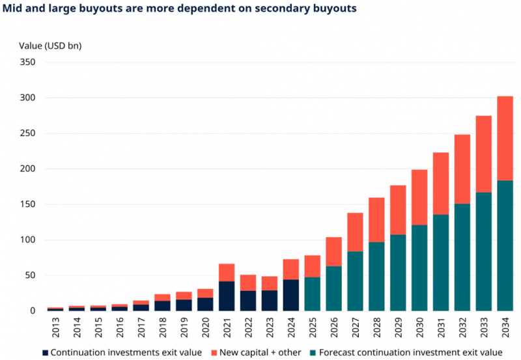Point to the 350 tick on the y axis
[x=26, y=62]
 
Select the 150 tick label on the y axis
[x=26, y=204]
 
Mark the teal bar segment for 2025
[x=313, y=294]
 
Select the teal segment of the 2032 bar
[x=462, y=257]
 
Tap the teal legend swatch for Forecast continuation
[x=313, y=352]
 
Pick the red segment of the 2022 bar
[x=248, y=283]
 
